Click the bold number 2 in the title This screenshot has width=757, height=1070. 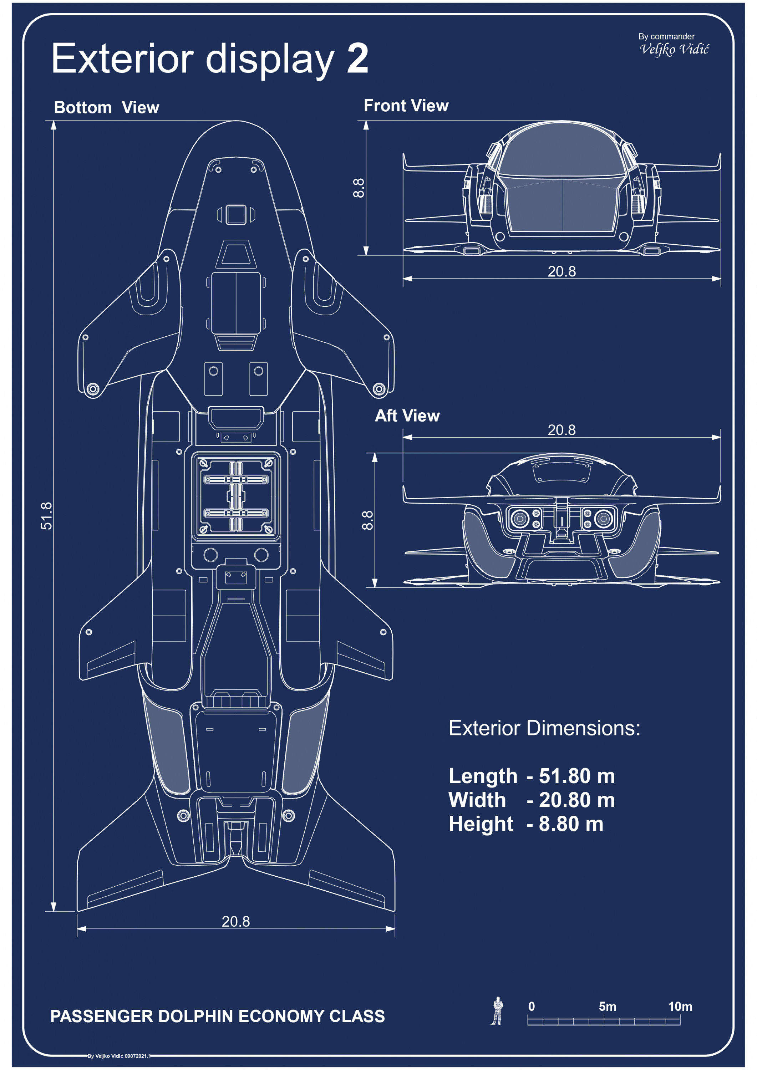tap(357, 59)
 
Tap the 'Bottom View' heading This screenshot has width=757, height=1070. tap(106, 108)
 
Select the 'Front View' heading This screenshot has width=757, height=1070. tap(406, 106)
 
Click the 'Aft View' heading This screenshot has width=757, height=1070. tap(407, 416)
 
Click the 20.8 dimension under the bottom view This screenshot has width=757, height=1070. tap(235, 921)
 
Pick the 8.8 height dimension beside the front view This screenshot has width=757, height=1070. tap(359, 188)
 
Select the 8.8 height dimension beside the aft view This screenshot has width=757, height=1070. tap(368, 520)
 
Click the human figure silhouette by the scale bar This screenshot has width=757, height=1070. tap(497, 1010)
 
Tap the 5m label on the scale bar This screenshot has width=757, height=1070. tap(608, 1007)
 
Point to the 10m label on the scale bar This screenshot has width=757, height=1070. tap(680, 1007)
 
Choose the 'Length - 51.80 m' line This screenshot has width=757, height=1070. tap(532, 776)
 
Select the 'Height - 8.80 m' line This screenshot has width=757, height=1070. tap(526, 824)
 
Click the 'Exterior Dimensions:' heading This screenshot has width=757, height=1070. tap(544, 728)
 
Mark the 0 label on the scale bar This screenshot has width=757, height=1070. tap(532, 1007)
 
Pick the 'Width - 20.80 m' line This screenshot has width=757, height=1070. tap(532, 800)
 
